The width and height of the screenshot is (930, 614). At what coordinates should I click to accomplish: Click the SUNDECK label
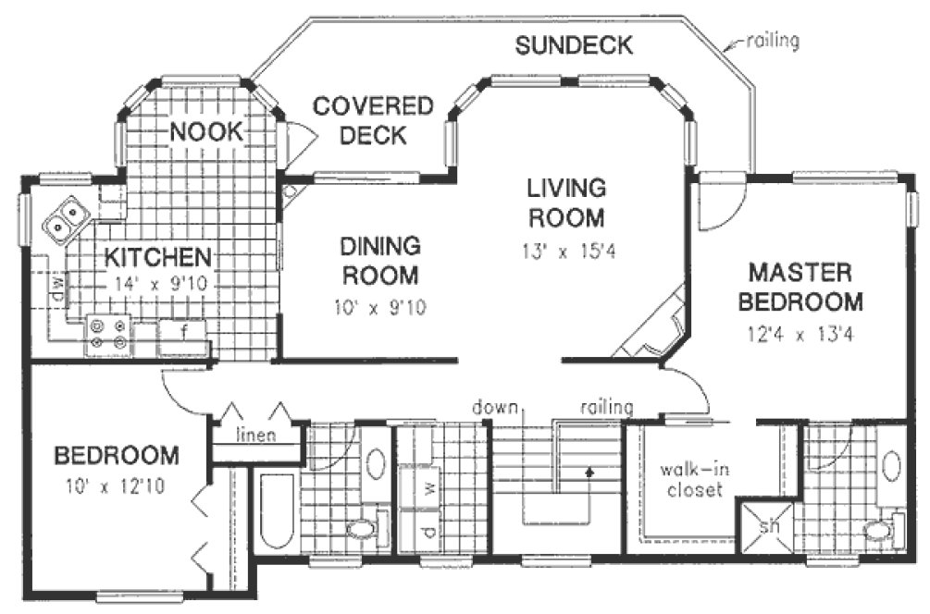573,44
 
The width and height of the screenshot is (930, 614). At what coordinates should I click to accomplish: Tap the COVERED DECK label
372,120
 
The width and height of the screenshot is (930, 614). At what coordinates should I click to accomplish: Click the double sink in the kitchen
66,218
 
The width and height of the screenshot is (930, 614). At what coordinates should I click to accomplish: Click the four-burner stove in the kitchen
108,334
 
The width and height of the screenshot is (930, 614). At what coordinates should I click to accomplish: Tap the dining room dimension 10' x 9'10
379,309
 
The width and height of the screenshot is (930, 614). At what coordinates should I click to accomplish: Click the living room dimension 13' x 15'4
565,251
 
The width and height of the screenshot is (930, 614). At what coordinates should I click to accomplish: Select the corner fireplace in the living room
655,329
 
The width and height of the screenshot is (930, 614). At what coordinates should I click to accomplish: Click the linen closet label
255,436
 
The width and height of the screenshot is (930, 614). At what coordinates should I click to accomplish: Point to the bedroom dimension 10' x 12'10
116,485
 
